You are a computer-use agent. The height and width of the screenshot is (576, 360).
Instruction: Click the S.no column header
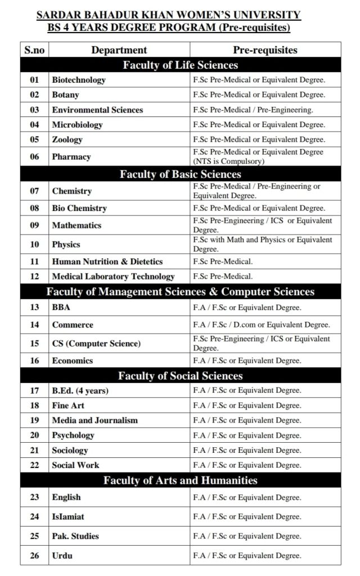pos(34,50)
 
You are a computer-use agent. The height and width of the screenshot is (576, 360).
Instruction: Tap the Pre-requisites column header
pos(265,50)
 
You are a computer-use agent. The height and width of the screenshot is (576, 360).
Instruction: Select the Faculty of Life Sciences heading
pos(180,65)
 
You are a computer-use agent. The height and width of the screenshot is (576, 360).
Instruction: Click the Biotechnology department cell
pos(79,80)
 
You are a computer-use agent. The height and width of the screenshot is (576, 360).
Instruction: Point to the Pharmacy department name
pos(71,156)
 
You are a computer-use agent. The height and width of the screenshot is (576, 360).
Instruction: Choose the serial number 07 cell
pos(34,191)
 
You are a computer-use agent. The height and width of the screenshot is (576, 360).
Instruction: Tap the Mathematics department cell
pos(76,225)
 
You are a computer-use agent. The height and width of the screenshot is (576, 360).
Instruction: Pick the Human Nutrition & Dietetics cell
pos(107,262)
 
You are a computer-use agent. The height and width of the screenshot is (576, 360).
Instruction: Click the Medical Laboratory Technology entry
pos(113,276)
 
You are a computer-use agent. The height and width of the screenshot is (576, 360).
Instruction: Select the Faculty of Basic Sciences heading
pos(180,174)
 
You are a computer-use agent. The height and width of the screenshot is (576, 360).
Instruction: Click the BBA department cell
pos(61,307)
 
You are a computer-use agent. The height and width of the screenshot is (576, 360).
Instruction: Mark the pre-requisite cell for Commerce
pos(261,325)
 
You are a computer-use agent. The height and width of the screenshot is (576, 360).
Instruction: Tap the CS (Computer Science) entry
pos(96,343)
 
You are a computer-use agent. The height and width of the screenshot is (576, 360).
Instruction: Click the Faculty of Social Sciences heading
pos(180,376)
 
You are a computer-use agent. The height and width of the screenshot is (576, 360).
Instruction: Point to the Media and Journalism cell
pos(94,420)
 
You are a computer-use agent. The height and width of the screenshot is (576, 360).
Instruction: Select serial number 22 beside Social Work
pos(34,465)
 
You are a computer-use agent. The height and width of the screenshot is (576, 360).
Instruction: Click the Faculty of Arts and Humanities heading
pos(180,480)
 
